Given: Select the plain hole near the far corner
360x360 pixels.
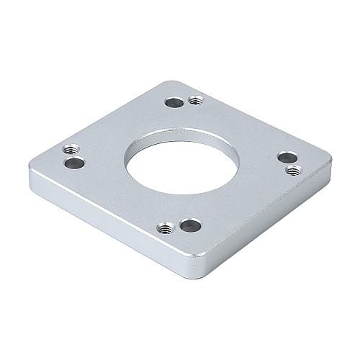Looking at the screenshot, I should [173, 102].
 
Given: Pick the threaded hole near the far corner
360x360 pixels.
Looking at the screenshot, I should [194, 100].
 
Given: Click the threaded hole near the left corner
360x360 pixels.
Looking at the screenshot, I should [70, 150].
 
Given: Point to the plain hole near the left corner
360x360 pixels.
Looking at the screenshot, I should [74, 163].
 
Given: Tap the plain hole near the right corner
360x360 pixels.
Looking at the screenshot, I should [287, 157].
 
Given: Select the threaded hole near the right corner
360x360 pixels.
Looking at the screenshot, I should [293, 171].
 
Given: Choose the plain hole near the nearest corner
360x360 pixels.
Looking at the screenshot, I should [190, 225].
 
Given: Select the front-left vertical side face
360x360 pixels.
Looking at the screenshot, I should [108, 229].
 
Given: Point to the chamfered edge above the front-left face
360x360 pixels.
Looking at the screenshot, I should [108, 215].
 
